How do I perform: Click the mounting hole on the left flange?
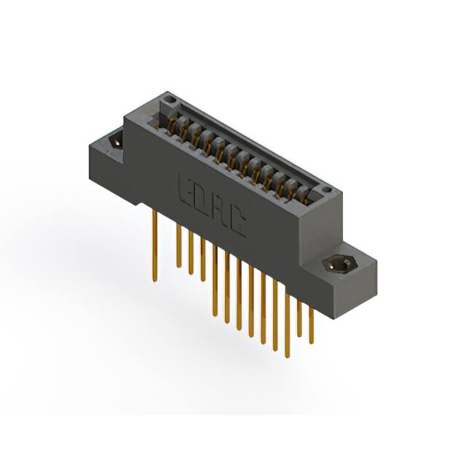point(115,141)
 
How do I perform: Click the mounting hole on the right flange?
point(337,264)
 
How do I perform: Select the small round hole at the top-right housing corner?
point(328,190)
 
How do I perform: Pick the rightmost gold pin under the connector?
point(312,324)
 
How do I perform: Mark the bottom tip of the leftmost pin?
point(154,279)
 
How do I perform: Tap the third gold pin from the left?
point(191,252)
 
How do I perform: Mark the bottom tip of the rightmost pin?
point(312,342)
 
